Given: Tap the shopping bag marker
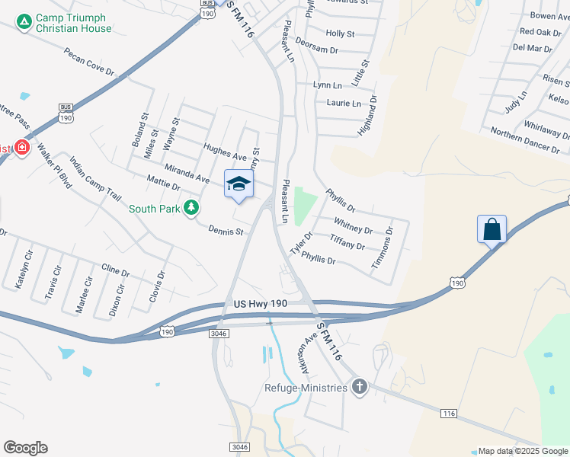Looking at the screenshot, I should click(x=492, y=228).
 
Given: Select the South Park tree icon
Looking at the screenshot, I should click(x=192, y=208).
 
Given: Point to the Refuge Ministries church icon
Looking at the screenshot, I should click(x=359, y=387).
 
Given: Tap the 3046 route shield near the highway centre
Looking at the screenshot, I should click(x=217, y=332).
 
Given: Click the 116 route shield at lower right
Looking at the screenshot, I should click(x=449, y=413).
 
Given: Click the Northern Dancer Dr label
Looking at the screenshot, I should click(x=525, y=140).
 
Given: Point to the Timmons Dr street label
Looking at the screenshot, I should click(x=382, y=247).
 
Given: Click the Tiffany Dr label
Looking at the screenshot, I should click(x=347, y=241).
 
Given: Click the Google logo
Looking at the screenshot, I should click(x=25, y=448).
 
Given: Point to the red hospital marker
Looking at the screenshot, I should click(x=21, y=147).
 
